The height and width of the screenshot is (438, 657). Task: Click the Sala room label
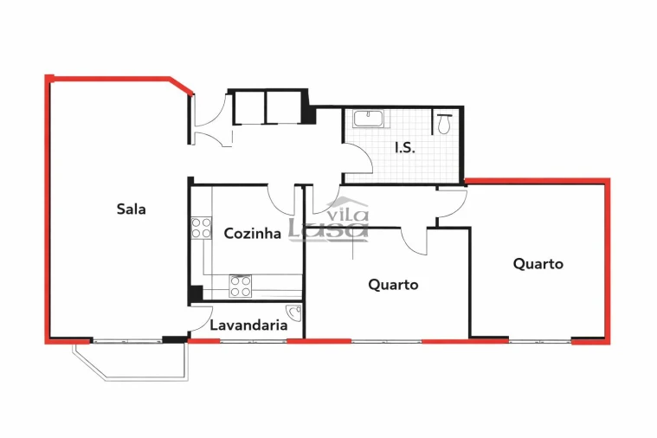131,209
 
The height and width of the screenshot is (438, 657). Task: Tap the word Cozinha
252,233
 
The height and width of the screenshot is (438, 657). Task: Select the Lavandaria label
249,326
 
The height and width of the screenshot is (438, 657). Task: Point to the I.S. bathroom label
404,147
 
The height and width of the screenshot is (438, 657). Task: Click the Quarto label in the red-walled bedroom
538,263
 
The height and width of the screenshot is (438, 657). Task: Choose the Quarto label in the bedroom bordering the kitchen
393,284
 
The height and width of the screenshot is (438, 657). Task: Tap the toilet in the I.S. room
444,123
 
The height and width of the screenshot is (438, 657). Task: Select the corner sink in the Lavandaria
294,313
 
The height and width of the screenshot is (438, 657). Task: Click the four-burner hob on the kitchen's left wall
201,228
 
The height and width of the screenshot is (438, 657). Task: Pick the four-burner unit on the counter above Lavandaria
240,286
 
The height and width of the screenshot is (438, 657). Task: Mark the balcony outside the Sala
130,359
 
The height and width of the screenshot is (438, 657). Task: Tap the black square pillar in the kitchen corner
196,293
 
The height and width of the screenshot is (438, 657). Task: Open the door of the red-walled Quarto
452,203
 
